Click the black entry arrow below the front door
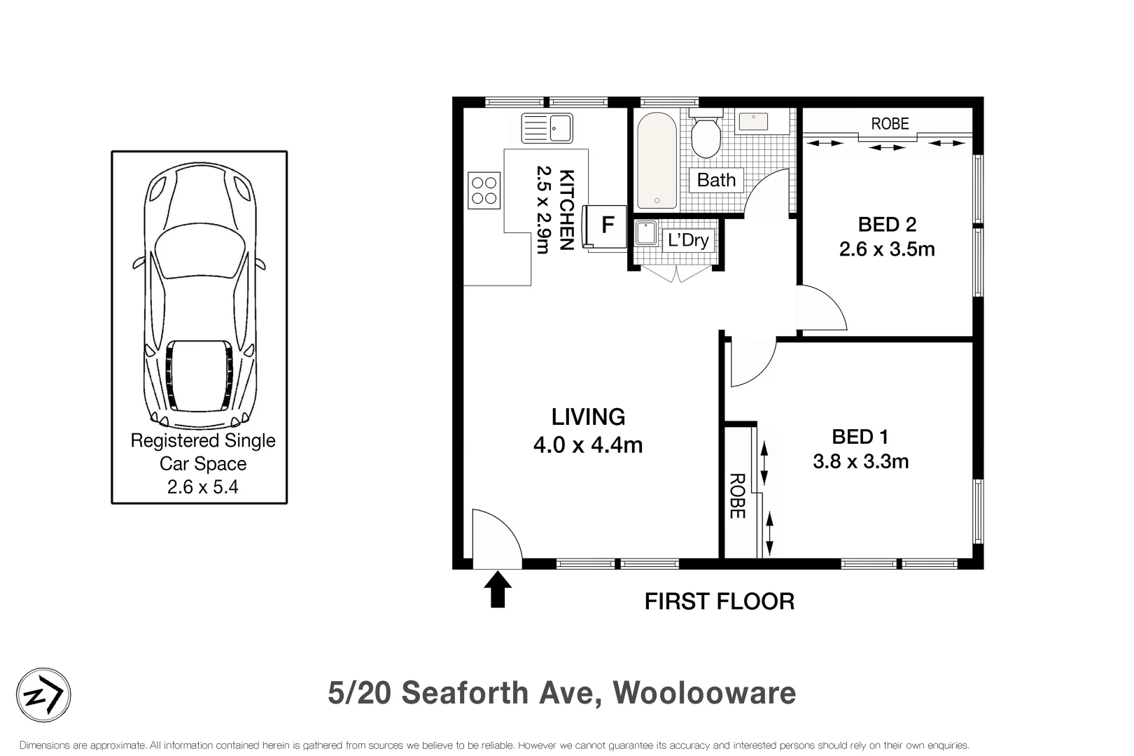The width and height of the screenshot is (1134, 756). [x=498, y=589]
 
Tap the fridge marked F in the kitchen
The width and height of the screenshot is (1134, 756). [x=607, y=225]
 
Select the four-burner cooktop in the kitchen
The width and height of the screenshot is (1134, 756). [x=484, y=190]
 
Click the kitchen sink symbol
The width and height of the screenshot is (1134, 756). [x=547, y=128]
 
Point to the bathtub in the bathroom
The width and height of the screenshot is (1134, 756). [x=657, y=162]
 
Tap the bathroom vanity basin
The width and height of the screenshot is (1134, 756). [x=753, y=122]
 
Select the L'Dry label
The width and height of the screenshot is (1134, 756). [x=688, y=240]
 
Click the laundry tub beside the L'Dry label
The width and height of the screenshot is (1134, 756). [x=645, y=233]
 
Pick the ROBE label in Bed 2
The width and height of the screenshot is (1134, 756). [x=890, y=124]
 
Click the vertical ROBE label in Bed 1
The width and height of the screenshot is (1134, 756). [x=736, y=496]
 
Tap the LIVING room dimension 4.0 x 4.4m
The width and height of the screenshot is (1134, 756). [x=588, y=445]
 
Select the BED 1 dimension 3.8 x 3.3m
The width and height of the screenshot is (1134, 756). [x=860, y=462]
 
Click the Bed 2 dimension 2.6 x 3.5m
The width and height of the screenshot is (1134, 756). [x=887, y=249]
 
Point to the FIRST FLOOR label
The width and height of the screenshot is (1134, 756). [x=719, y=601]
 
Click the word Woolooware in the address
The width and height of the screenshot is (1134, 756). [x=704, y=693]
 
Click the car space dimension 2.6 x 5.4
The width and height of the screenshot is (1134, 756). [x=202, y=487]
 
